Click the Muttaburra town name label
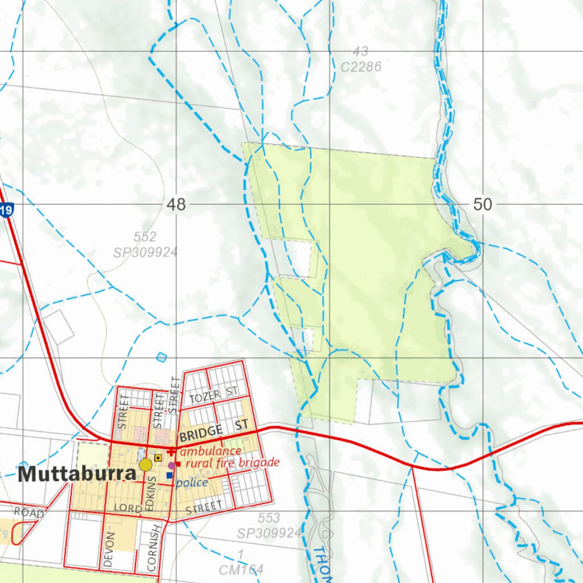77,474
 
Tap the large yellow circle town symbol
146,465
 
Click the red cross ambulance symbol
171,451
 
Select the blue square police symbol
170,475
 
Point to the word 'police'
192,483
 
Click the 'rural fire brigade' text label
232,463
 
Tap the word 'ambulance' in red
211,451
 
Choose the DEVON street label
110,549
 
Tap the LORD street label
127,508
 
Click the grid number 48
176,205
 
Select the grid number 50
482,204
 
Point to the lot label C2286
361,67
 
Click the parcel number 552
145,237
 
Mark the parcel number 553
269,518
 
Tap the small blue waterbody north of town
162,357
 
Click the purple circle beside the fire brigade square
171,465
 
